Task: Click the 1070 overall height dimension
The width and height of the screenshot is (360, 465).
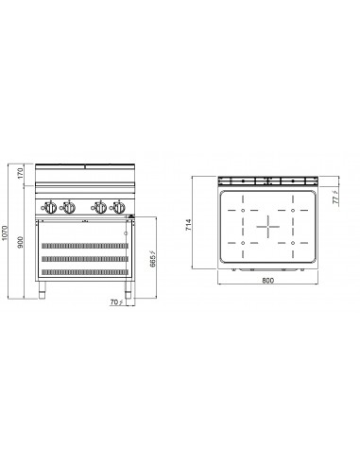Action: click(6, 232)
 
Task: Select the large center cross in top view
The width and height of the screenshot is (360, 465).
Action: click(268, 226)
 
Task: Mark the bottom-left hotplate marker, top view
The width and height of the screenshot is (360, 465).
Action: click(244, 243)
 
